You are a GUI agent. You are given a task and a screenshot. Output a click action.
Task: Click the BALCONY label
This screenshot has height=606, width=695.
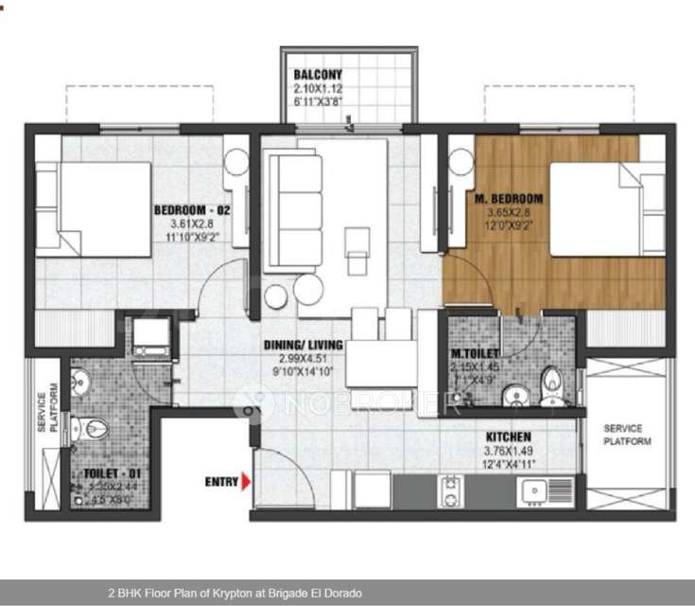coord(318,75)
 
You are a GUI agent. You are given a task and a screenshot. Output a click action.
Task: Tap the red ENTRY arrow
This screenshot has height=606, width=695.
coord(245,482)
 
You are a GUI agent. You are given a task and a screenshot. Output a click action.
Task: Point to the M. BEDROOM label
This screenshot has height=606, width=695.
coord(509,199)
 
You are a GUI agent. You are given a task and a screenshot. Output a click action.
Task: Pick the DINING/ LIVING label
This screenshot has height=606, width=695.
coord(304,345)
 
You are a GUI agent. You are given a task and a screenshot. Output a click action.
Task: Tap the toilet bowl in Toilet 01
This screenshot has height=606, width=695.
coord(94,429)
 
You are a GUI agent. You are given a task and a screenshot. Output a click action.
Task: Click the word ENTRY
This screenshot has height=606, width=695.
coord(221,482)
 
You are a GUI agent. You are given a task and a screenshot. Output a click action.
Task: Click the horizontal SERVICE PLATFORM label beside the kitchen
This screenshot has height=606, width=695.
coord(628,435)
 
